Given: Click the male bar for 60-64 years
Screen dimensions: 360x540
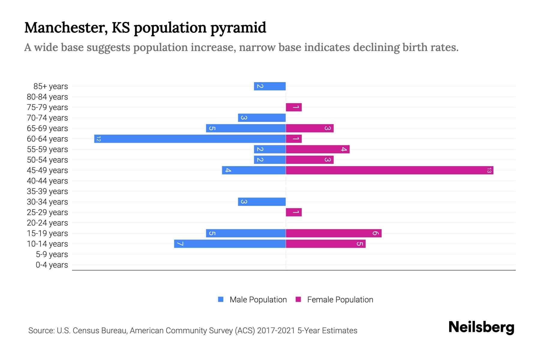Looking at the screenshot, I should pos(190,139).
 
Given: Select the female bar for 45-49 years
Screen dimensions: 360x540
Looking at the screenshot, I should pos(389,170).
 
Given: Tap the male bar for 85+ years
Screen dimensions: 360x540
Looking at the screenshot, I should pos(270,86).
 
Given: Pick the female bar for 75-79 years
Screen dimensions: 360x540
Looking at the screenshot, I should pos(294,107).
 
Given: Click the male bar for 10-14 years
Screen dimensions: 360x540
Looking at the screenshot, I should pos(230,244).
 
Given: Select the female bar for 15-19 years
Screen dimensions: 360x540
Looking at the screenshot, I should pos(334,233).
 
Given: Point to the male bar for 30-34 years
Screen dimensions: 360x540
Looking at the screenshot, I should pos(262,202).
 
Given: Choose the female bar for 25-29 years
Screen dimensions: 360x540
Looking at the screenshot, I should pos(294,212).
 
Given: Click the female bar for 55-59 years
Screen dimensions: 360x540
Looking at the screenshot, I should pos(318,149).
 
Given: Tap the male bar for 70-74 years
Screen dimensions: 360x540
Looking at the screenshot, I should pos(262,118).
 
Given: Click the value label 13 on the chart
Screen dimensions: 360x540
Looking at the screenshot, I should pos(489,170).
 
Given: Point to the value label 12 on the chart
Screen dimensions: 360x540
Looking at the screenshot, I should pos(98,139).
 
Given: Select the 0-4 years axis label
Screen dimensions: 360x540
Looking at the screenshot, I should pos(52,265).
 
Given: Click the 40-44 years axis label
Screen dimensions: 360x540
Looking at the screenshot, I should pos(47,181).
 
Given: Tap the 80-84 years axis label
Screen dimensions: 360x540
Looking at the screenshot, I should pos(47,97).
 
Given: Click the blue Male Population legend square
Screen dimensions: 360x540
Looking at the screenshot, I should pos(221,299).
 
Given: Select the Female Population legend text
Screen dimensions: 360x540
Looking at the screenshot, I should pos(340,299).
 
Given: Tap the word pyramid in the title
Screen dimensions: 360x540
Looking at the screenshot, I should pos(238,28).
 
